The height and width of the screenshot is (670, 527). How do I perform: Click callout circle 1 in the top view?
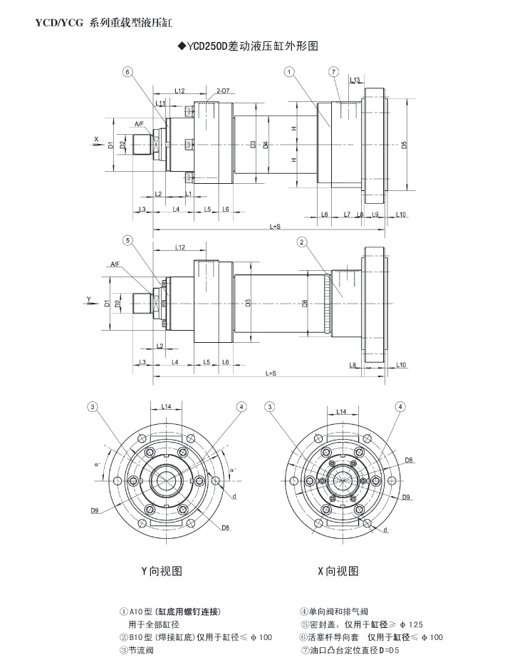coord(289,71)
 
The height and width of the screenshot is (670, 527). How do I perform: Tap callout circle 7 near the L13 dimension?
coord(333,71)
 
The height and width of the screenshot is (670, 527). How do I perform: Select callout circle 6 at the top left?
coord(127,71)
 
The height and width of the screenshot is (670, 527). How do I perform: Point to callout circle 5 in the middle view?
coord(127,240)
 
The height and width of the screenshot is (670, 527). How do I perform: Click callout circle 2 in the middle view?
coord(302,242)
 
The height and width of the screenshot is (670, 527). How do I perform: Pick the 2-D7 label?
coord(221,91)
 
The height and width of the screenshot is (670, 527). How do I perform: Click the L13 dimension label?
coord(355,80)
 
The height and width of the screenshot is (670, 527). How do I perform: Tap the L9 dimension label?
coord(375,215)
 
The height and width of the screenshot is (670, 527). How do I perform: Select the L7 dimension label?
coord(347,215)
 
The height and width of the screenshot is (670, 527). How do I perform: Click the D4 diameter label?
coord(266,145)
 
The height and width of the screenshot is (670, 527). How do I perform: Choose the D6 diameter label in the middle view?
coord(304,303)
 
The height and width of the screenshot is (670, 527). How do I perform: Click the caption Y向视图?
coord(162,571)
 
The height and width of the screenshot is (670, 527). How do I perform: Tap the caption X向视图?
coord(337,571)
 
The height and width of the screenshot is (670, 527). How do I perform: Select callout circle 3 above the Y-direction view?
coord(92,407)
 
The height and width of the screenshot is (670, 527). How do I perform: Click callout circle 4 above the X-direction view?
coord(400,407)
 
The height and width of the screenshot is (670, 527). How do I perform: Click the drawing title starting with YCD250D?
coord(246,46)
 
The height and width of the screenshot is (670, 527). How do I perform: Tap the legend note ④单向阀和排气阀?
coord(334,612)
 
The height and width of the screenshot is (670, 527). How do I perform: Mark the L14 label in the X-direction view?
coord(340,412)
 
